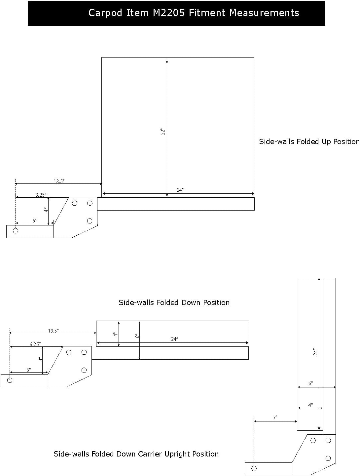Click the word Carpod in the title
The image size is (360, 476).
coord(105,13)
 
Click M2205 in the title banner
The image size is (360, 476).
coord(169,13)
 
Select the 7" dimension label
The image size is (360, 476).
coord(275,417)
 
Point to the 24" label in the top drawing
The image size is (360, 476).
coord(180,190)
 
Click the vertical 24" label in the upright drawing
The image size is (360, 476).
coord(315,352)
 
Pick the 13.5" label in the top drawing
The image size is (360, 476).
coord(59,181)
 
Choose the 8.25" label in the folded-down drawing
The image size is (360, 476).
coord(35,344)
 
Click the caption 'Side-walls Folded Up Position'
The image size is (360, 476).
coord(309,141)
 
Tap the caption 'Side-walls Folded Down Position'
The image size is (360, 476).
coord(174,302)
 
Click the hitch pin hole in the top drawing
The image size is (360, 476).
coord(16,230)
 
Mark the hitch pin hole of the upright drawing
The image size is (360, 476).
coord(254,468)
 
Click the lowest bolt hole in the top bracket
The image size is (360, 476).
coord(90,221)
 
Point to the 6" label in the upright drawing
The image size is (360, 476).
coord(310,383)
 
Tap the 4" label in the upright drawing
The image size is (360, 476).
coord(310,405)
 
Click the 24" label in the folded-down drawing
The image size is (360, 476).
coord(174,339)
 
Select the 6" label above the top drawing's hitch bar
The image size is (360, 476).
coord(34,221)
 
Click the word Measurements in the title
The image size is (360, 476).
coord(264,13)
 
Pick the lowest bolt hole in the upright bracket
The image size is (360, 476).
coord(328,458)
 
